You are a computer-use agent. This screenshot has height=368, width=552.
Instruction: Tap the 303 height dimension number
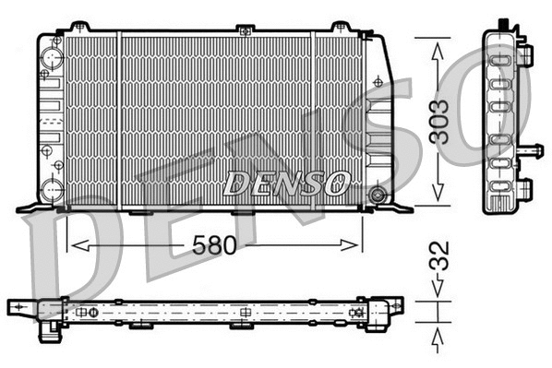tap(442, 120)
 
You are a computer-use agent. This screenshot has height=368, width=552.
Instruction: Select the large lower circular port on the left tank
tap(52, 191)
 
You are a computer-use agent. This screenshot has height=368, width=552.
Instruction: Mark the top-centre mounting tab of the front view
tap(244, 30)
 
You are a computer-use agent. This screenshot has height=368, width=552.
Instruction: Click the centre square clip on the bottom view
tap(244, 312)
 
